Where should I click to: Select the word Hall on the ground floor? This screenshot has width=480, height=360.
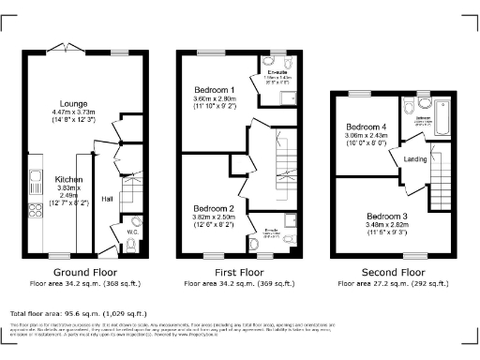(x=108, y=198)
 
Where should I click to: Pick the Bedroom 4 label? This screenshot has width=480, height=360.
(x=366, y=127)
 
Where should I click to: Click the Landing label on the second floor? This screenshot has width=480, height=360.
(x=415, y=158)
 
